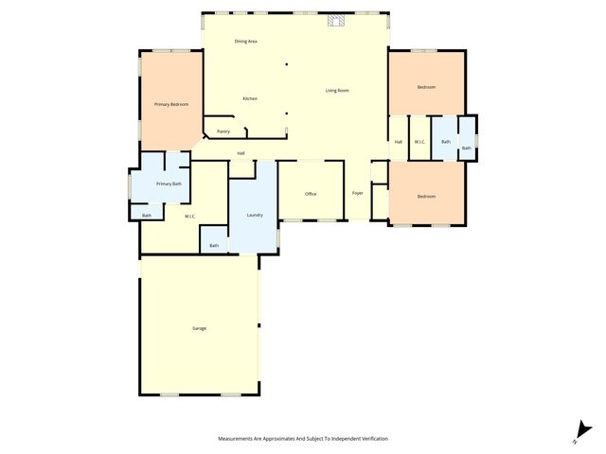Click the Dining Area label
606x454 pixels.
246,42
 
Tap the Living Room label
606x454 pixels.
337,91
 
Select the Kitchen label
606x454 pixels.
250,99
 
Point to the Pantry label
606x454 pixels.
223,131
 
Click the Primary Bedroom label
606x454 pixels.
171,104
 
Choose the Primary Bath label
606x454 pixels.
169,183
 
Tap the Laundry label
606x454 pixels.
255,216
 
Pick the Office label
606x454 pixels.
311,194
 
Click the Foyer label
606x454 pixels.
358,193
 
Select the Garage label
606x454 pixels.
199,328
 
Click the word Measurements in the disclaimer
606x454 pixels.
237,439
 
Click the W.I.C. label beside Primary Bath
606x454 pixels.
190,217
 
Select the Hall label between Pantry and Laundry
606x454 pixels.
241,153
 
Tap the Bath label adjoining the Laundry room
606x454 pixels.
214,246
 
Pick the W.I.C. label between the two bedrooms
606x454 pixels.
419,142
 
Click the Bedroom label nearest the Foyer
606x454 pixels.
426,196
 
